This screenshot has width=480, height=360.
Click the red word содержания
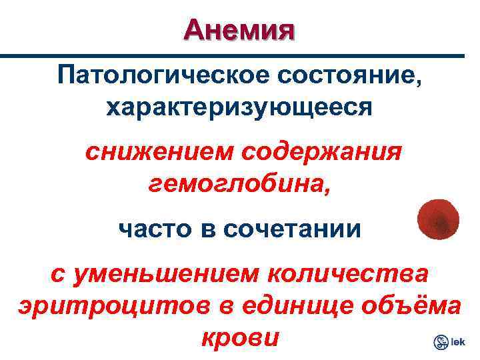[321, 153]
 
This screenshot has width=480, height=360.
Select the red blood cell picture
[438, 221]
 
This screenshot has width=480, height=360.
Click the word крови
[239, 337]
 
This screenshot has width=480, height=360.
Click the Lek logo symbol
[441, 343]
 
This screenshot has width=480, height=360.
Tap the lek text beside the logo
[459, 343]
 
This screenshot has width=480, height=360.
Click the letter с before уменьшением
[59, 275]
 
